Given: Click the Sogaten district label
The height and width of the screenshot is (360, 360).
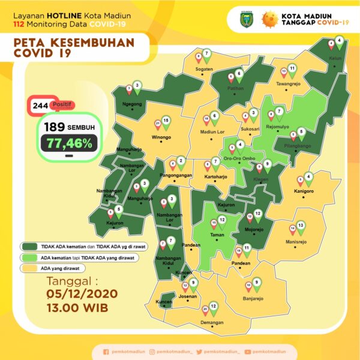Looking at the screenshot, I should tap(204, 69).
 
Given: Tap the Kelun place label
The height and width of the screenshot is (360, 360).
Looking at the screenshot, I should tap(335, 59).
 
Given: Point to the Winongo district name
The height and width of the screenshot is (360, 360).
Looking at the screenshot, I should tap(161, 137).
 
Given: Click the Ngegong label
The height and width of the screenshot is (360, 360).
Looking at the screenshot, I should tap(132, 103).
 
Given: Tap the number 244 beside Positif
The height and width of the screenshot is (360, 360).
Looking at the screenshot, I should tap(41, 106).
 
